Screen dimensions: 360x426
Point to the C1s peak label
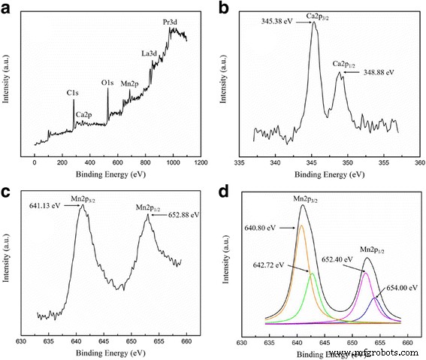(73, 92)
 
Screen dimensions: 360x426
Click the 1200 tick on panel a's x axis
(201, 162)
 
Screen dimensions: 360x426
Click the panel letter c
(7, 190)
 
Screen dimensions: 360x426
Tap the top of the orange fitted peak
(301, 225)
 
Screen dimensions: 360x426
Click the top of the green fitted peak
(312, 273)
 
